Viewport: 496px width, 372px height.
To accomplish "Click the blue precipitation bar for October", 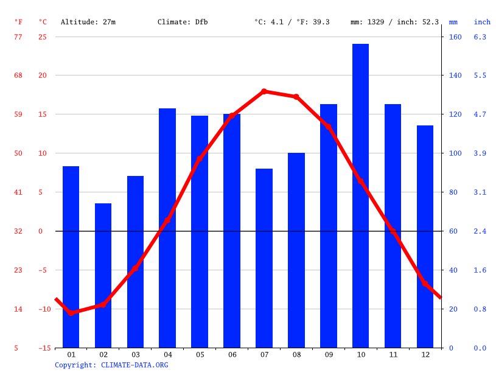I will tap(360, 195).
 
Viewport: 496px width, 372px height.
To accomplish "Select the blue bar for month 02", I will tap(103, 275).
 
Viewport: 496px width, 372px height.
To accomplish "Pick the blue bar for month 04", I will tap(167, 228).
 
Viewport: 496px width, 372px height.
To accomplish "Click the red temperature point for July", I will tap(264, 91).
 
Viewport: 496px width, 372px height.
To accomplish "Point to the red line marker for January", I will tap(71, 313).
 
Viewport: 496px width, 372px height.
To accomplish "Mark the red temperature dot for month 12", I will tap(425, 283).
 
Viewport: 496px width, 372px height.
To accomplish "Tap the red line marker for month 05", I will tap(200, 159).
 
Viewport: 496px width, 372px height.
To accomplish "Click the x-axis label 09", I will tap(329, 354).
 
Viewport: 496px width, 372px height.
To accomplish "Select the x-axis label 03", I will tap(135, 354).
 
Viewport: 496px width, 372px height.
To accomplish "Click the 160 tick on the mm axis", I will tap(455, 37).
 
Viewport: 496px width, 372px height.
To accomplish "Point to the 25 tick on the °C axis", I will tap(43, 37).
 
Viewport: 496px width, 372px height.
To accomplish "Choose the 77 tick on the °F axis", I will tap(18, 37).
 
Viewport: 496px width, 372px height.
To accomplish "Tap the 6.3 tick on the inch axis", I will tap(480, 37).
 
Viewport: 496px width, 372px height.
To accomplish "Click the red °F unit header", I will tap(18, 22).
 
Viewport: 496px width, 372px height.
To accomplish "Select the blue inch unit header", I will tap(482, 22).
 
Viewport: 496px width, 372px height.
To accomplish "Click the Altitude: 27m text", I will tap(88, 22).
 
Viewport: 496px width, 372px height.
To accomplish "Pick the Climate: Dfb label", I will tap(183, 22).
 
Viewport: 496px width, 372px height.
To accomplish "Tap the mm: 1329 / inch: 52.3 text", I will tap(394, 22).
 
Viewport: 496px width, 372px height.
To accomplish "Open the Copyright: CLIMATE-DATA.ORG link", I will tap(111, 365).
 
